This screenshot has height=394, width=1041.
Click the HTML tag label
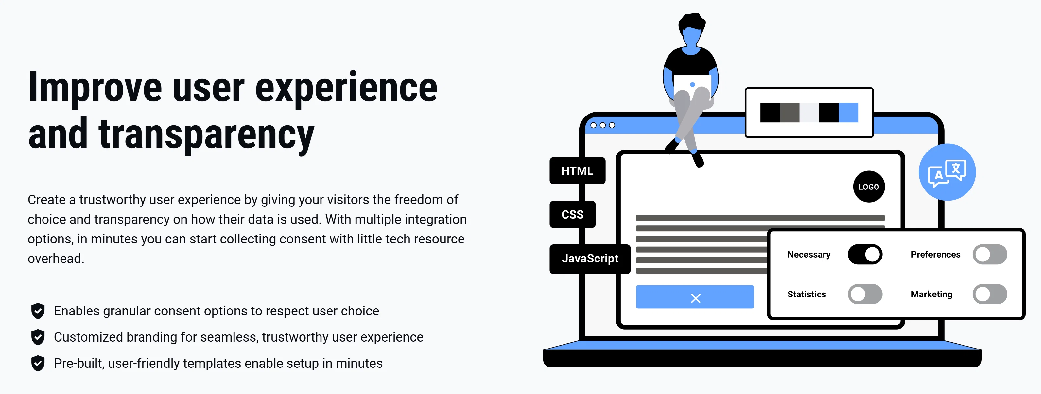(577, 171)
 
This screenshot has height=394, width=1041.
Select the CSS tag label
(572, 214)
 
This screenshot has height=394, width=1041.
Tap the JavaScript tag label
(590, 259)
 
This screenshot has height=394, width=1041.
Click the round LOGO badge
(868, 187)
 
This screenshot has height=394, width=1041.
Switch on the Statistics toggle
(865, 294)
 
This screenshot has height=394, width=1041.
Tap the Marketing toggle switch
(990, 294)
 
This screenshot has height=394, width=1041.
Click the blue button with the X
(695, 297)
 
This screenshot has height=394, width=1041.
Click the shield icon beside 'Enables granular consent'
(38, 311)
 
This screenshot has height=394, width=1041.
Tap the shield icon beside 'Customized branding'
(38, 337)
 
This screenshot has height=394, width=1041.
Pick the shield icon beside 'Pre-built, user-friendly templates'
(38, 363)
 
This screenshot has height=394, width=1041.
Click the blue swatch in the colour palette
(848, 113)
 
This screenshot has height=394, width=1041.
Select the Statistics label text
(807, 294)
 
